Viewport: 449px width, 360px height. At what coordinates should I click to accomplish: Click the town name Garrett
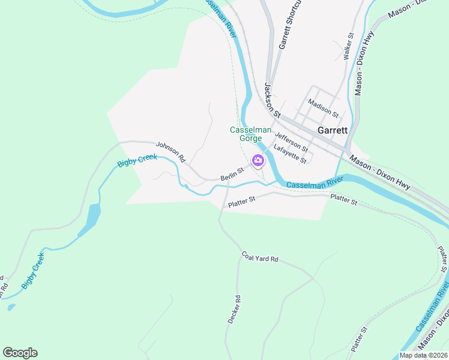[x=332, y=130]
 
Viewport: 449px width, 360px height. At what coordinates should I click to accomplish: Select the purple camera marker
[x=259, y=160]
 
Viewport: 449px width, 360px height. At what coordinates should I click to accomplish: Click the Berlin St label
[x=232, y=174]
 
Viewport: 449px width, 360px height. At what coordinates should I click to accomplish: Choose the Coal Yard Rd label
[x=261, y=257]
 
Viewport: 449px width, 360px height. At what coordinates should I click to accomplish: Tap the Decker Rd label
[x=234, y=310]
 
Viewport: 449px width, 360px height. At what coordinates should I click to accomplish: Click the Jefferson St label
[x=291, y=143]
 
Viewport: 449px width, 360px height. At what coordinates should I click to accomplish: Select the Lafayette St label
[x=290, y=154]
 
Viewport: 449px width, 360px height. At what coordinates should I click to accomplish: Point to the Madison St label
[x=323, y=107]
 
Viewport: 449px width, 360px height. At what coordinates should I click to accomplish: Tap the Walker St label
[x=347, y=46]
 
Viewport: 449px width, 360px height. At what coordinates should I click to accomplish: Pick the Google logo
[x=20, y=353]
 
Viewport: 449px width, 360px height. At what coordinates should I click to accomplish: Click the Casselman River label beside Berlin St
[x=314, y=182]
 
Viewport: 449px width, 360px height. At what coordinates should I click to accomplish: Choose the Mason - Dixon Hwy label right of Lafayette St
[x=380, y=174]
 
